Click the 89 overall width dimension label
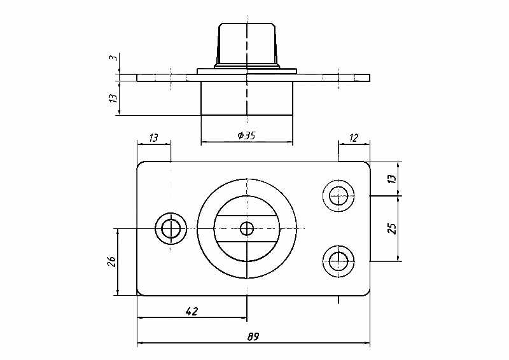coord(253,336)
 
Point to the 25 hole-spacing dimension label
coord(392,228)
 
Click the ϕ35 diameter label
coord(246,135)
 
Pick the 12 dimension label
coord(354,137)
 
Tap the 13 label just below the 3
coord(112,98)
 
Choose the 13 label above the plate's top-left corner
coord(154,137)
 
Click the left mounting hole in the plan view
coord(170,228)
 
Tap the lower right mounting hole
coord(339,260)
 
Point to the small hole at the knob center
coord(246,228)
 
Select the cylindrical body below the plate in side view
coord(247,99)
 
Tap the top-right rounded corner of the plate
coord(366,165)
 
